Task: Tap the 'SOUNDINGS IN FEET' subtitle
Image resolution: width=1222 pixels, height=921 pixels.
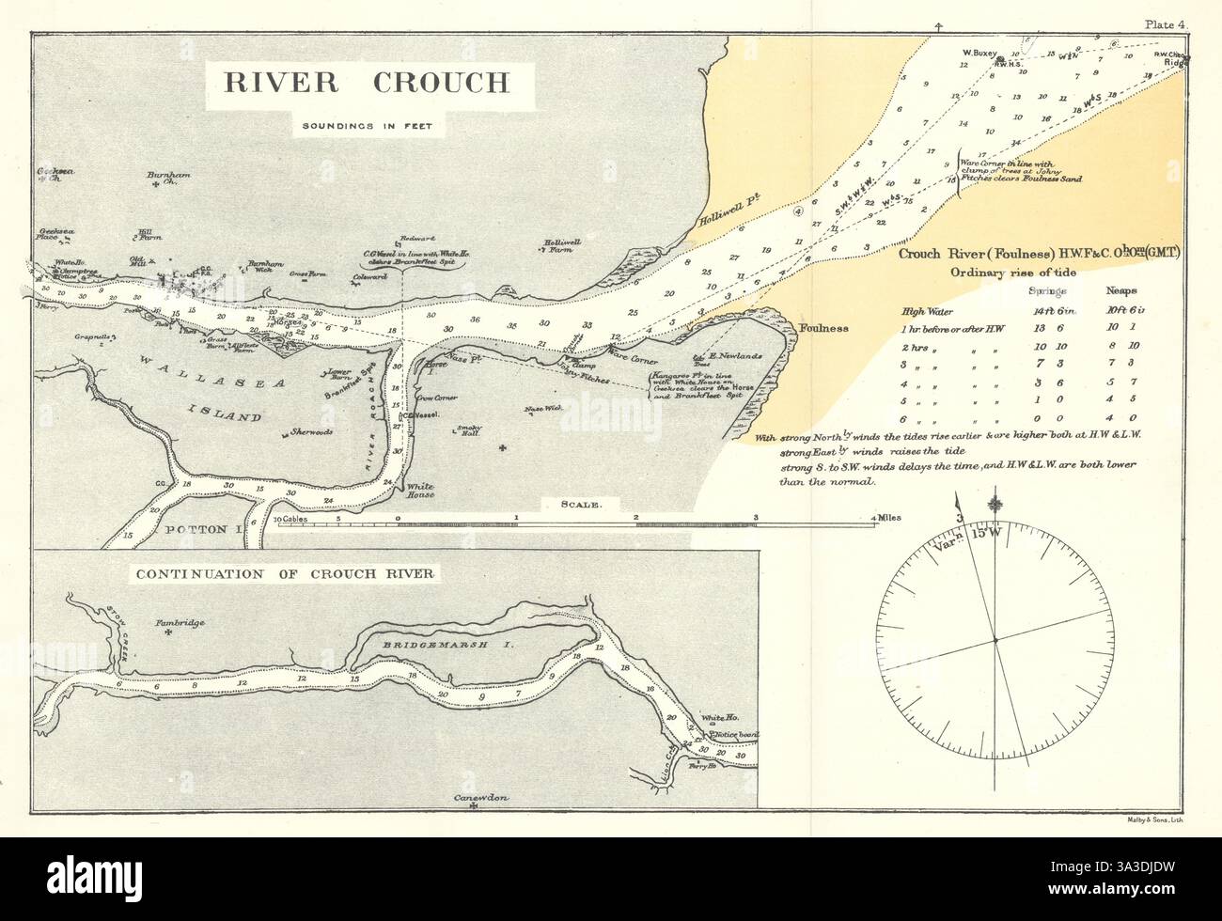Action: point(360,126)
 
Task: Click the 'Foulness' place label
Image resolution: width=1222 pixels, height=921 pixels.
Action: point(823,329)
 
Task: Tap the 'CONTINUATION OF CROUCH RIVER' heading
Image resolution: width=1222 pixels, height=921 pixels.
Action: point(286,573)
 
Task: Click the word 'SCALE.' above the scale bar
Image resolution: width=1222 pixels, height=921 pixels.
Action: point(580,505)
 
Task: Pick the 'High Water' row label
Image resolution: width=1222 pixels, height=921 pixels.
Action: point(927,311)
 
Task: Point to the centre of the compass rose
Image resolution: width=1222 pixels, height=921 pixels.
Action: point(995,641)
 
